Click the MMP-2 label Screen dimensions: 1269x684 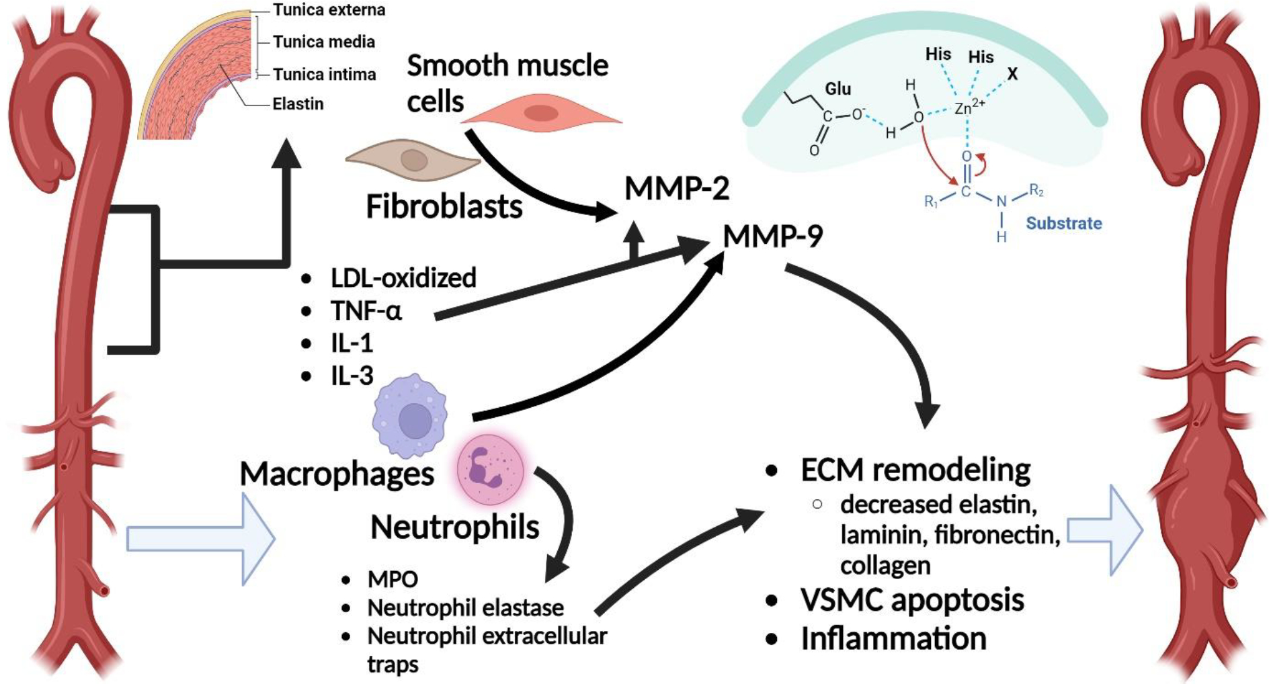677,188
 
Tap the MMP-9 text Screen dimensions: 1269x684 773,236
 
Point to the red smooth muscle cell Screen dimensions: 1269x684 542,112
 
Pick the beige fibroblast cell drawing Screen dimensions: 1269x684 413,161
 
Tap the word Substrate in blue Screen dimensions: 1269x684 1063,223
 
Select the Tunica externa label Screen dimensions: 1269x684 329,9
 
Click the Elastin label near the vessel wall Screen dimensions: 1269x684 298,103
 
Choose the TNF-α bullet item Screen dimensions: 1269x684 366,311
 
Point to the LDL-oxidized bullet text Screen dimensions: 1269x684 403,277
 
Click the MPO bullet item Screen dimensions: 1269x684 393,579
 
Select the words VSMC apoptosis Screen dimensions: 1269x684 912,600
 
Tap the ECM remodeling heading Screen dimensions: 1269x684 915,470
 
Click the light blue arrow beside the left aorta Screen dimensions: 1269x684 201,539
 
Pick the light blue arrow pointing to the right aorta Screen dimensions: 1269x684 1105,531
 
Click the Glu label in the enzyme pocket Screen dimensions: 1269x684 837,89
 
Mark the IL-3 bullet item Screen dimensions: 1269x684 352,376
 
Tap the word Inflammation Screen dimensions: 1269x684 893,638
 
